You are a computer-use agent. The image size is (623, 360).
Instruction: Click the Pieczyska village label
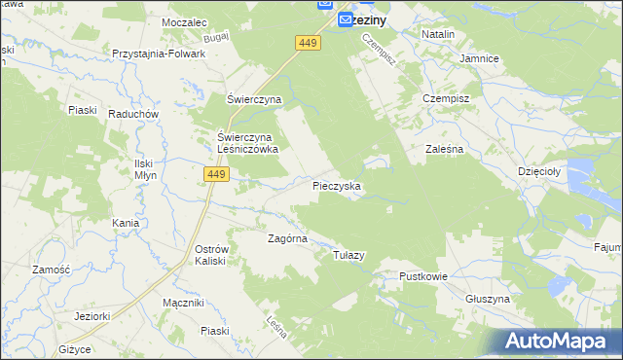click(x=338, y=185)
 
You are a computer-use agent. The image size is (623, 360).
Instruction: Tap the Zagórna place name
click(x=288, y=237)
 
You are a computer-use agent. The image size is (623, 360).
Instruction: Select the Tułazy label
click(x=348, y=255)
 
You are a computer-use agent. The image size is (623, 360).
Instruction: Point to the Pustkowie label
click(x=422, y=276)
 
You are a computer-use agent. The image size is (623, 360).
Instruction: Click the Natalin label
click(x=439, y=34)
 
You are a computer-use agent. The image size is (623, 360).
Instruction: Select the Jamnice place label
click(x=479, y=58)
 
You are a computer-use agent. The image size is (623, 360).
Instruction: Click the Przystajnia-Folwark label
click(x=159, y=54)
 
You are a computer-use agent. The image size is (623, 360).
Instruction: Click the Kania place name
click(x=126, y=223)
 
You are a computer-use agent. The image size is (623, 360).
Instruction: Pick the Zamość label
click(x=50, y=270)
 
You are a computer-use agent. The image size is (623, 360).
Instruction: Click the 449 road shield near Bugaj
click(x=308, y=43)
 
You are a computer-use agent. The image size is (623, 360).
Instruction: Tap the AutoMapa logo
click(x=559, y=342)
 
